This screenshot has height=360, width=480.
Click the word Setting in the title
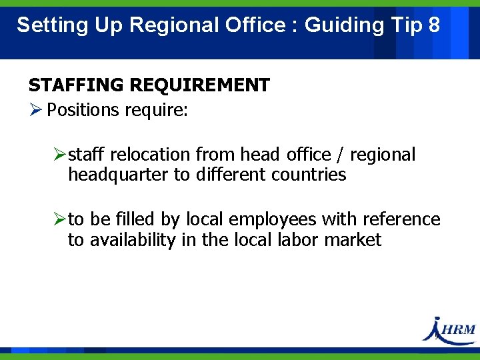(44, 25)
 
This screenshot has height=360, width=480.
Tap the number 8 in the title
(434, 25)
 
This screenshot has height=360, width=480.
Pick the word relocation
(150, 155)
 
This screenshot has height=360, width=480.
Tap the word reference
(401, 219)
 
